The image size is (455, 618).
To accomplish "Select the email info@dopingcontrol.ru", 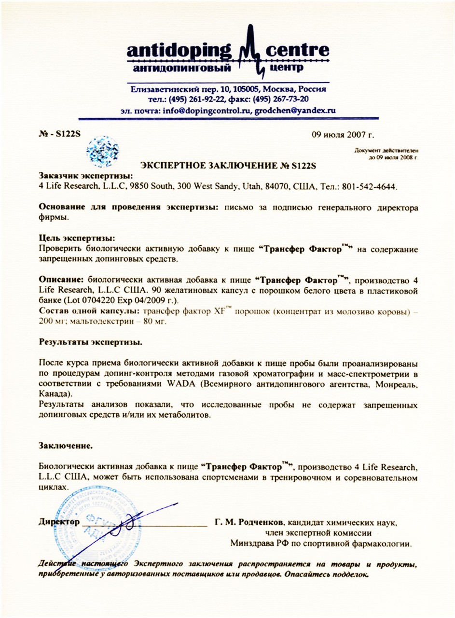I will click(204, 110).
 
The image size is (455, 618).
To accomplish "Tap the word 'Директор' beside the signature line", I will click(58, 522).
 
